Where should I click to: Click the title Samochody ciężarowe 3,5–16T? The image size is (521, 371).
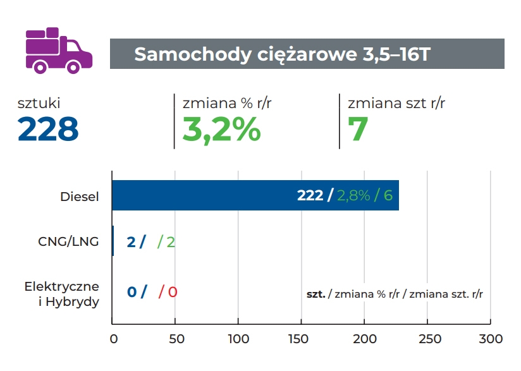point(282,54)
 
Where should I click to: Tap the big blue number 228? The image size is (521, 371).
point(48,129)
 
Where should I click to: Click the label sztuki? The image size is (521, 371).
point(39,103)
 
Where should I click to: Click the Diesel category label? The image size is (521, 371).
point(80,197)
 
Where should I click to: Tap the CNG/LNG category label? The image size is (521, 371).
point(68,241)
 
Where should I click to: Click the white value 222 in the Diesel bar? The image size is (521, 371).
point(310,195)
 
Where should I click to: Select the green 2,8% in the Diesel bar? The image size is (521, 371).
point(353,195)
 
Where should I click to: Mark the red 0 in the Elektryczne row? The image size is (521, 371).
point(172,292)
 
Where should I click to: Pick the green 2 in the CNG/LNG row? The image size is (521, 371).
point(171,241)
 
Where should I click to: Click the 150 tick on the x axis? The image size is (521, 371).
point(302,339)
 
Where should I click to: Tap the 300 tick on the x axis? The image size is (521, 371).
point(491,339)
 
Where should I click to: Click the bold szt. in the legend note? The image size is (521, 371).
point(316,294)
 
